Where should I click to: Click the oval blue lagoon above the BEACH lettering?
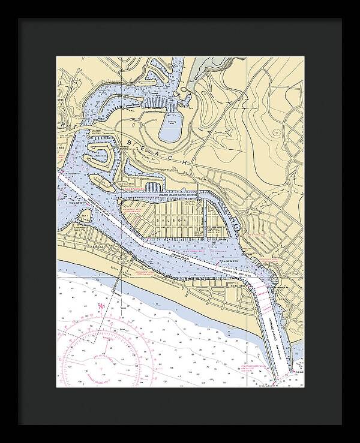coord(174,126)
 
